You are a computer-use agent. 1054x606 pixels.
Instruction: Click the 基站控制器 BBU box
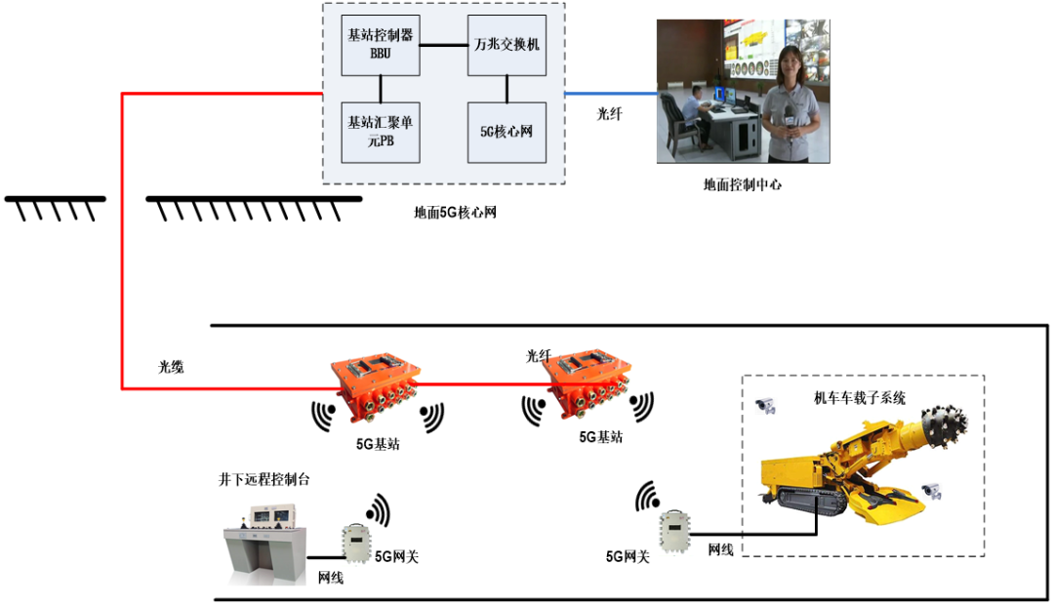coord(380,45)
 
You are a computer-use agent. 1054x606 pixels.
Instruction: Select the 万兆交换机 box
coord(506,45)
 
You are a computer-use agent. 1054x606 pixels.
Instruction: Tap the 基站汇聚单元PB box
coord(380,132)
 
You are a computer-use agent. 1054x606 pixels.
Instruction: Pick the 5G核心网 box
coord(506,132)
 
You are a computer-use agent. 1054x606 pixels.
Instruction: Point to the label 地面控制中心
coord(742,184)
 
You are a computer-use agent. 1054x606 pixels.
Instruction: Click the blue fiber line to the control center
coord(611,95)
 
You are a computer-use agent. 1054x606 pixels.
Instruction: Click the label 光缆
coord(172,367)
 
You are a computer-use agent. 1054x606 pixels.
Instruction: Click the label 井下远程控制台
coord(264,480)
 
